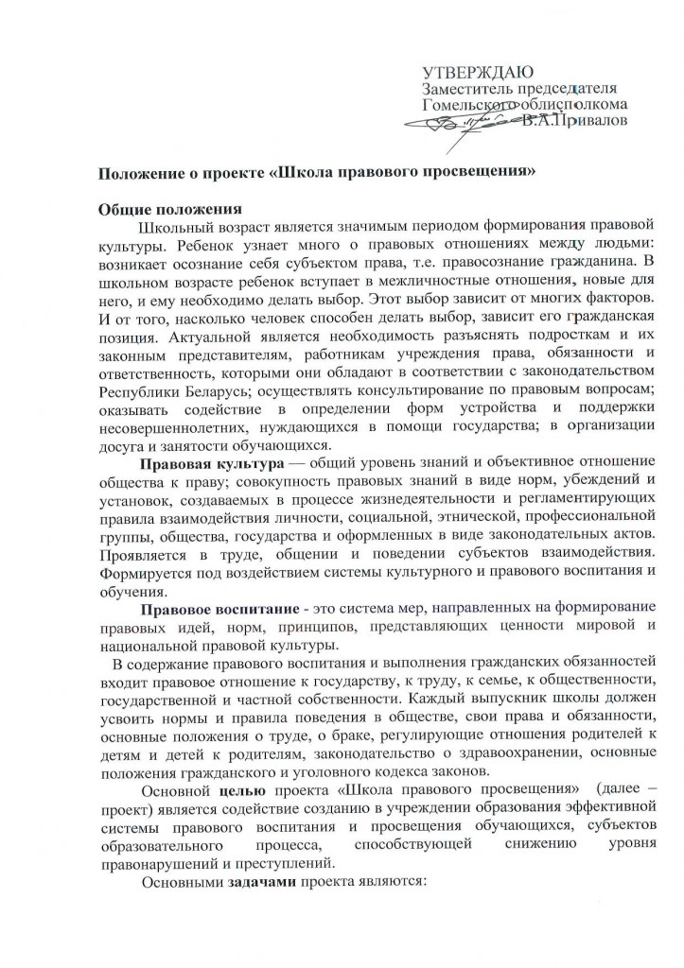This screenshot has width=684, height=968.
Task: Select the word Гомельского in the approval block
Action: (x=466, y=105)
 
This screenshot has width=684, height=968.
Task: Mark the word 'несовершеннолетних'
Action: (x=182, y=426)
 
